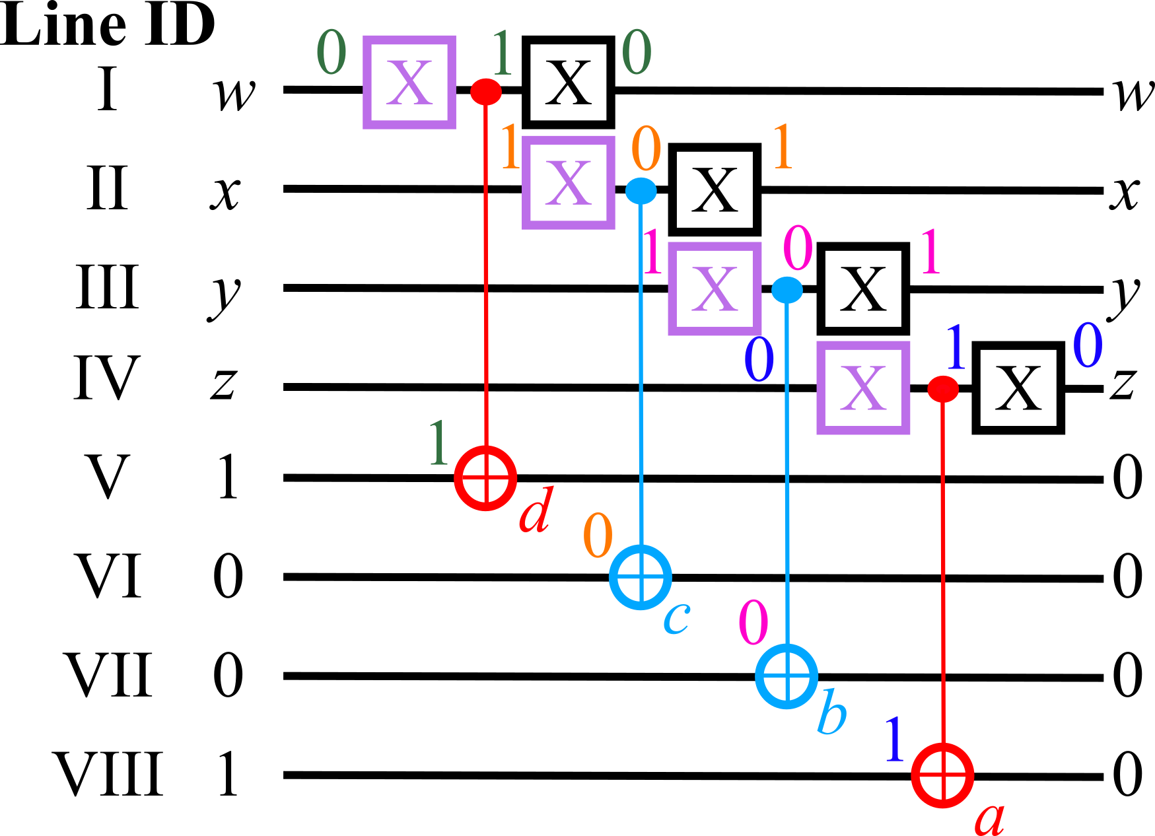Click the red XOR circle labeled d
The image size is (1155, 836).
[x=485, y=477]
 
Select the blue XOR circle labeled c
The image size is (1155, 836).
[x=641, y=577]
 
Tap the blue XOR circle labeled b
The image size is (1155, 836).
[x=787, y=676]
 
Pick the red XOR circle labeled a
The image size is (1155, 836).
[x=942, y=775]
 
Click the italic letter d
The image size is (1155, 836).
[x=536, y=511]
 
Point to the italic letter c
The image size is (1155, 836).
[x=677, y=617]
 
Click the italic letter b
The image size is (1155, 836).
[x=831, y=712]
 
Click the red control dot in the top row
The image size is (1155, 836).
[x=485, y=91]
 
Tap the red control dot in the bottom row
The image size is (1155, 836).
[x=942, y=389]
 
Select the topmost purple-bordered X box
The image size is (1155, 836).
[x=409, y=82]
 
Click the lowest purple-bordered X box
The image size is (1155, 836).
[x=863, y=388]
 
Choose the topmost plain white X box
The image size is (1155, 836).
[x=568, y=82]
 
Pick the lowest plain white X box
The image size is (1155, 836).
[x=1018, y=388]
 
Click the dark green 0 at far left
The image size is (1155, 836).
[x=332, y=53]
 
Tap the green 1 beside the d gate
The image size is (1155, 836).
[x=439, y=443]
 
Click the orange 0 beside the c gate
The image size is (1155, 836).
[x=598, y=536]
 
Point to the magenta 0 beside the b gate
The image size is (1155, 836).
[x=753, y=623]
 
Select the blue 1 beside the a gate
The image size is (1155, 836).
[x=894, y=740]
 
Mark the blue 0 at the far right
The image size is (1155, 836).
[x=1087, y=345]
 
